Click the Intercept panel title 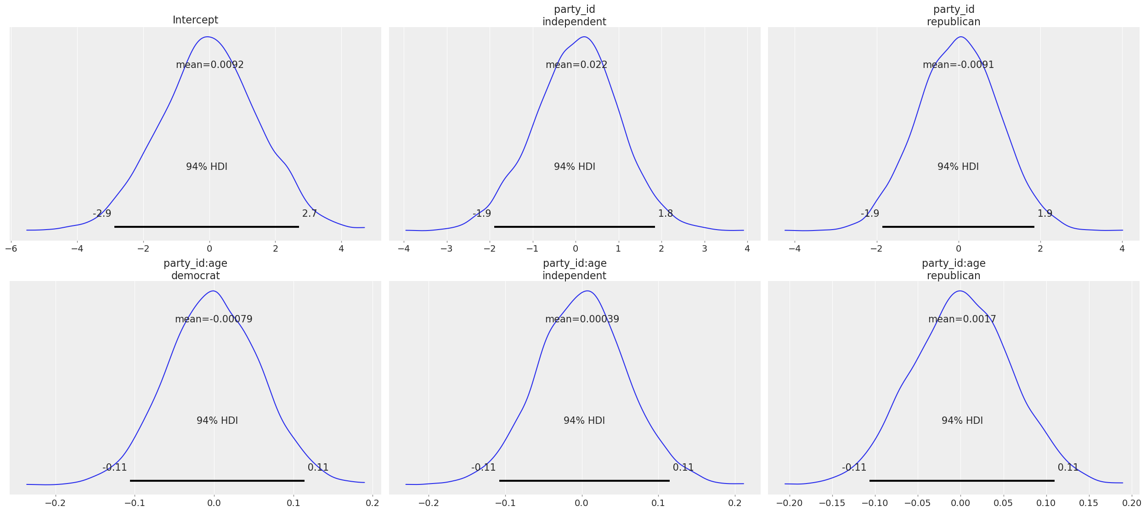[195, 20]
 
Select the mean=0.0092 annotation [209, 65]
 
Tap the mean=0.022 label [576, 65]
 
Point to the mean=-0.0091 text [958, 65]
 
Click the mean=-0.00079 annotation [214, 319]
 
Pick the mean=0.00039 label [582, 319]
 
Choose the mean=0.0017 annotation [962, 319]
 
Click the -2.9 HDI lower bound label [102, 214]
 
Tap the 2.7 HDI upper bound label [309, 214]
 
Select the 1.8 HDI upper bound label [665, 214]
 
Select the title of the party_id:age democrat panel [195, 270]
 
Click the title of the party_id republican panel [954, 16]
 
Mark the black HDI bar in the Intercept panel [207, 227]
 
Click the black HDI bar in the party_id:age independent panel [584, 481]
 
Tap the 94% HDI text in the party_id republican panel [958, 167]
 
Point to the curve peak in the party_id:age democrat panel [213, 291]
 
